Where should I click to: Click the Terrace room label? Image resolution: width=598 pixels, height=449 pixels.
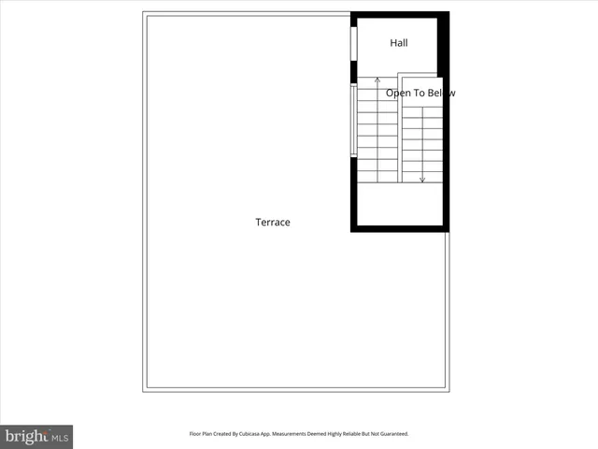(x=273, y=223)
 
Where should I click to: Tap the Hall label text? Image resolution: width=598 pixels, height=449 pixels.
(x=398, y=43)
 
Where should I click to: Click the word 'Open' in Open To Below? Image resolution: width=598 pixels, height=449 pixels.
(x=399, y=93)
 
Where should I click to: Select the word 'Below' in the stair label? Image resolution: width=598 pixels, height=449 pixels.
(x=442, y=93)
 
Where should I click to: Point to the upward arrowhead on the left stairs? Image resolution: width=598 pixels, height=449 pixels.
(x=377, y=80)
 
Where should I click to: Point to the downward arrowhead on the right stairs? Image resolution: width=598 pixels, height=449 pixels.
(x=422, y=179)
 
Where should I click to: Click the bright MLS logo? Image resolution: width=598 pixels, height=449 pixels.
(x=36, y=436)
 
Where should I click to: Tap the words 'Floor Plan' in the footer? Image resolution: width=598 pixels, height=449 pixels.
(x=202, y=434)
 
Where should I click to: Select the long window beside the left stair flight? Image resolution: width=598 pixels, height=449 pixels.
(x=353, y=121)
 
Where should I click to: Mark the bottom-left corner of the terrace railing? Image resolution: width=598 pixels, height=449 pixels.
(x=145, y=390)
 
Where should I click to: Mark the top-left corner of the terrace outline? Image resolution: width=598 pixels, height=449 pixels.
(x=145, y=13)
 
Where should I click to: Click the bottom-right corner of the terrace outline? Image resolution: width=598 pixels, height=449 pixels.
(x=448, y=390)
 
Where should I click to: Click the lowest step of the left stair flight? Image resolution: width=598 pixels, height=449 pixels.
(x=377, y=177)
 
